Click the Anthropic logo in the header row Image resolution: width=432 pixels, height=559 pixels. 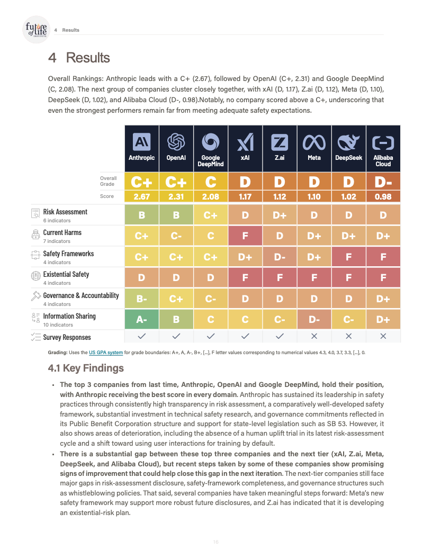click(141, 142)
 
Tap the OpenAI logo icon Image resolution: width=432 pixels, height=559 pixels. click(176, 142)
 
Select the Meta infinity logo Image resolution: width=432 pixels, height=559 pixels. click(314, 142)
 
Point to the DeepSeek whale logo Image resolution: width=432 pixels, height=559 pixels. click(348, 142)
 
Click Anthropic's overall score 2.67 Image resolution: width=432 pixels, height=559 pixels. click(141, 196)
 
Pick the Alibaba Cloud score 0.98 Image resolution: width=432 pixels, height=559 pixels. click(383, 196)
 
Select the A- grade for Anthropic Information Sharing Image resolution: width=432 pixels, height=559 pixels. click(141, 320)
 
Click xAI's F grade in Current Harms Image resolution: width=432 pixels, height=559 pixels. click(245, 236)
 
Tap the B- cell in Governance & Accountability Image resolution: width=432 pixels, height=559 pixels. click(141, 299)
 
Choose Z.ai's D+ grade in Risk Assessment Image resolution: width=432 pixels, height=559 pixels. click(280, 215)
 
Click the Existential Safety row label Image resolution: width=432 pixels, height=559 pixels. click(66, 274)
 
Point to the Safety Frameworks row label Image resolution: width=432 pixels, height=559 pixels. click(68, 254)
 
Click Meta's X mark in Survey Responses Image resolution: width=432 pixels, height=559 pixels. click(314, 336)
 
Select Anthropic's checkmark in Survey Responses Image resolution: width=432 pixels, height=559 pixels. click(141, 336)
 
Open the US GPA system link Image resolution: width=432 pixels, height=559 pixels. click(106, 352)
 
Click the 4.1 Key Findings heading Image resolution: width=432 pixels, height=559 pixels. click(86, 368)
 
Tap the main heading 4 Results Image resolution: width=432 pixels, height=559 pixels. click(79, 58)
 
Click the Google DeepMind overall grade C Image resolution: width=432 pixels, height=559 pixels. click(211, 182)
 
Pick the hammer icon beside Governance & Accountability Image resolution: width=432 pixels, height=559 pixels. click(36, 296)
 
